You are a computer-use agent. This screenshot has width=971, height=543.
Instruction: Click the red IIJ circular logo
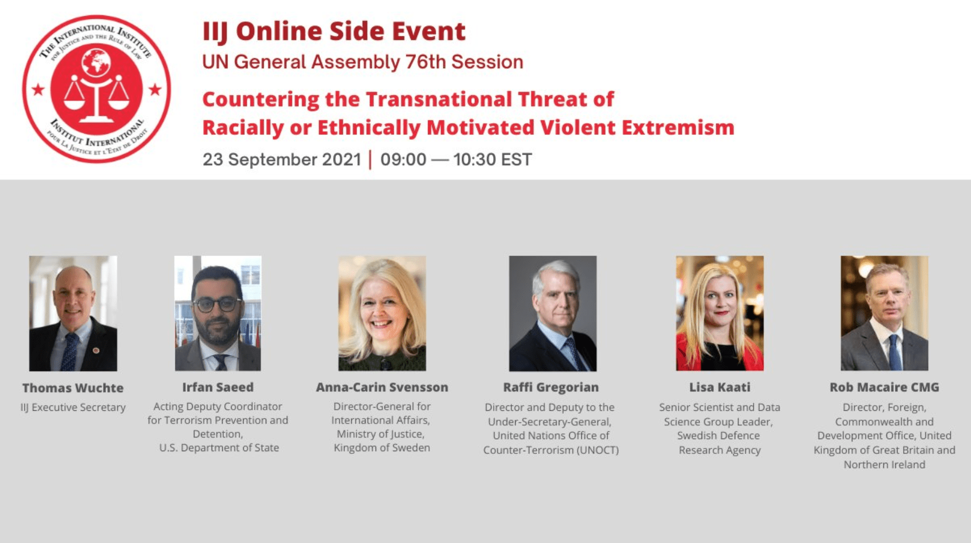click(97, 89)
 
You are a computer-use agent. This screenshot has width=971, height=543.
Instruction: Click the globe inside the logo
click(96, 62)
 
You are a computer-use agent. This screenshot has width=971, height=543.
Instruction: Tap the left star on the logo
click(38, 89)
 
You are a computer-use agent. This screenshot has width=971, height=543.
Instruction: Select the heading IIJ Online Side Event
click(334, 31)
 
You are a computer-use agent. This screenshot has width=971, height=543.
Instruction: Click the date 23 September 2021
click(282, 159)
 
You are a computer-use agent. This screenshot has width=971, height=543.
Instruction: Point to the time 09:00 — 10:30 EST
click(456, 159)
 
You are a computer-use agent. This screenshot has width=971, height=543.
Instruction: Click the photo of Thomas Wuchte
click(73, 313)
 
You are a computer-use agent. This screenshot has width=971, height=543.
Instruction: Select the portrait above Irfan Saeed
click(218, 313)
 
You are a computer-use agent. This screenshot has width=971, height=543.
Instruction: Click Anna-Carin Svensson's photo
click(382, 313)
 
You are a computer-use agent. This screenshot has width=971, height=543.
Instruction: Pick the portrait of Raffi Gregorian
click(552, 313)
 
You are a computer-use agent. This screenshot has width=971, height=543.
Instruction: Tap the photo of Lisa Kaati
click(719, 313)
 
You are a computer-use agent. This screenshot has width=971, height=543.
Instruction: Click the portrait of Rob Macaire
click(884, 313)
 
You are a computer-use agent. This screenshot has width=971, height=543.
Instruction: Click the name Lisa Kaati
click(719, 387)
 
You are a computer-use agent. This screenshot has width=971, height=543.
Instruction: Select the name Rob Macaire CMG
click(884, 387)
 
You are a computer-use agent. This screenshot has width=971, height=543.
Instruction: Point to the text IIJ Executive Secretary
click(73, 407)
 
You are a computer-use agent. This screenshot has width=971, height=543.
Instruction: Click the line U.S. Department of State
click(219, 448)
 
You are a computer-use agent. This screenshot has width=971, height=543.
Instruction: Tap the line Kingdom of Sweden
click(382, 448)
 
